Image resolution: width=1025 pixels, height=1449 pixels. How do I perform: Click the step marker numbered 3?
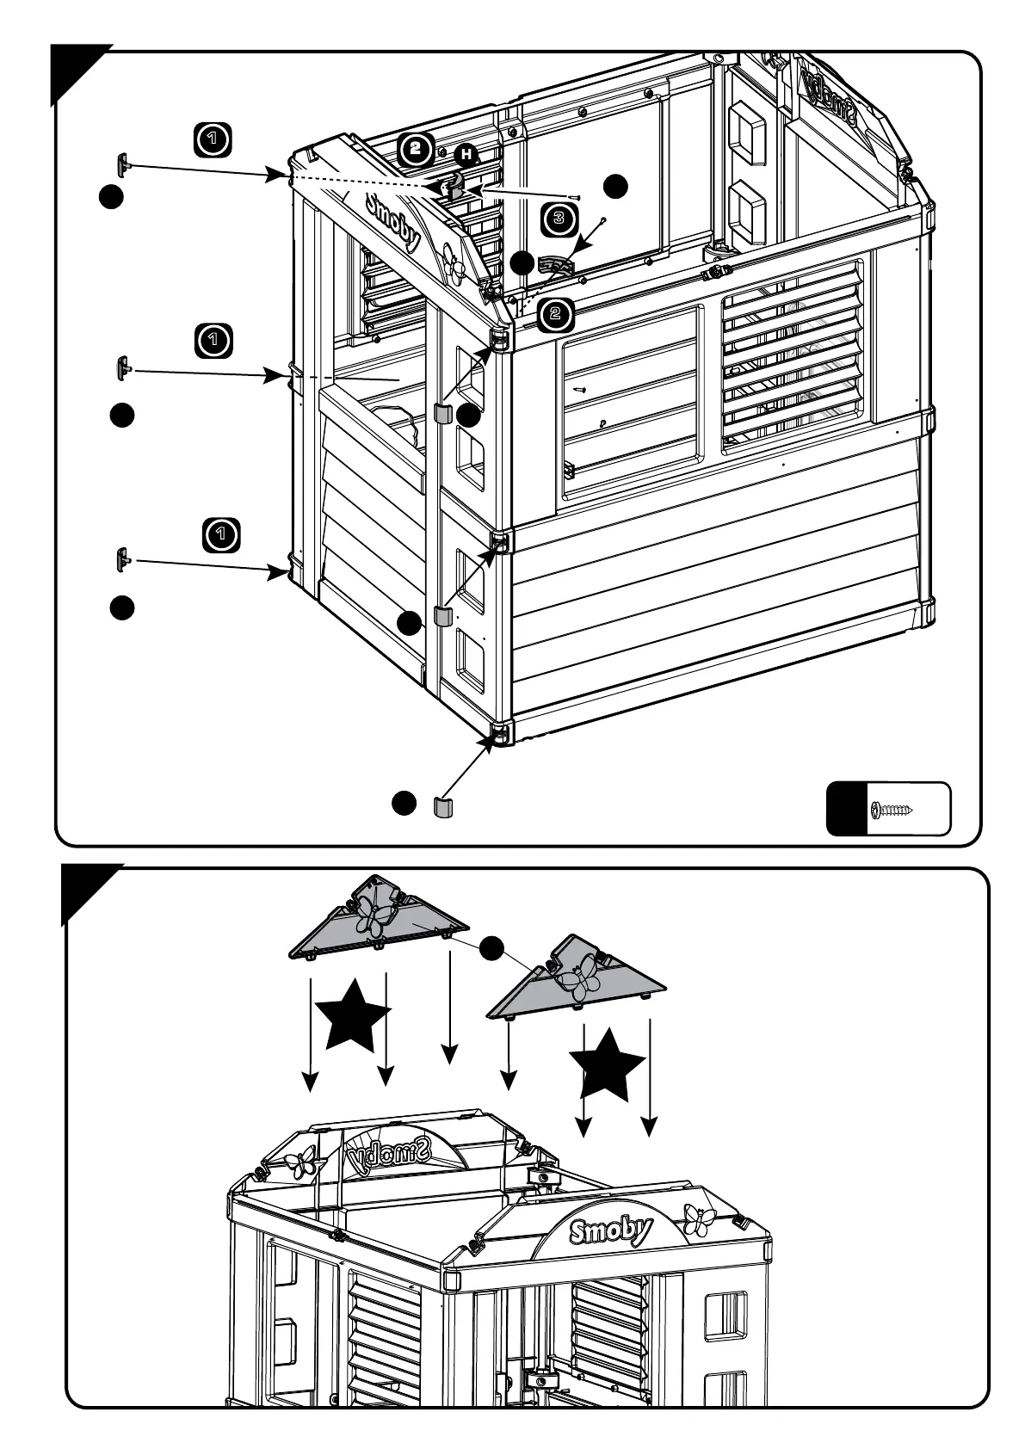coord(559,219)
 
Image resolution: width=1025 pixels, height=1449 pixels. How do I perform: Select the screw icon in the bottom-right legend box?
coord(892,810)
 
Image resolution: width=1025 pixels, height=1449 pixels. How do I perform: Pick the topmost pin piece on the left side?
coord(123,163)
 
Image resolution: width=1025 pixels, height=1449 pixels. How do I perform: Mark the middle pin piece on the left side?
coord(122,367)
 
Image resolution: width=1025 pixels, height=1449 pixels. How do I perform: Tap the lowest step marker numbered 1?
coord(221,534)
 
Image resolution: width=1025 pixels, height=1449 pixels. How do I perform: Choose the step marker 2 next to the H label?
coord(416,150)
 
